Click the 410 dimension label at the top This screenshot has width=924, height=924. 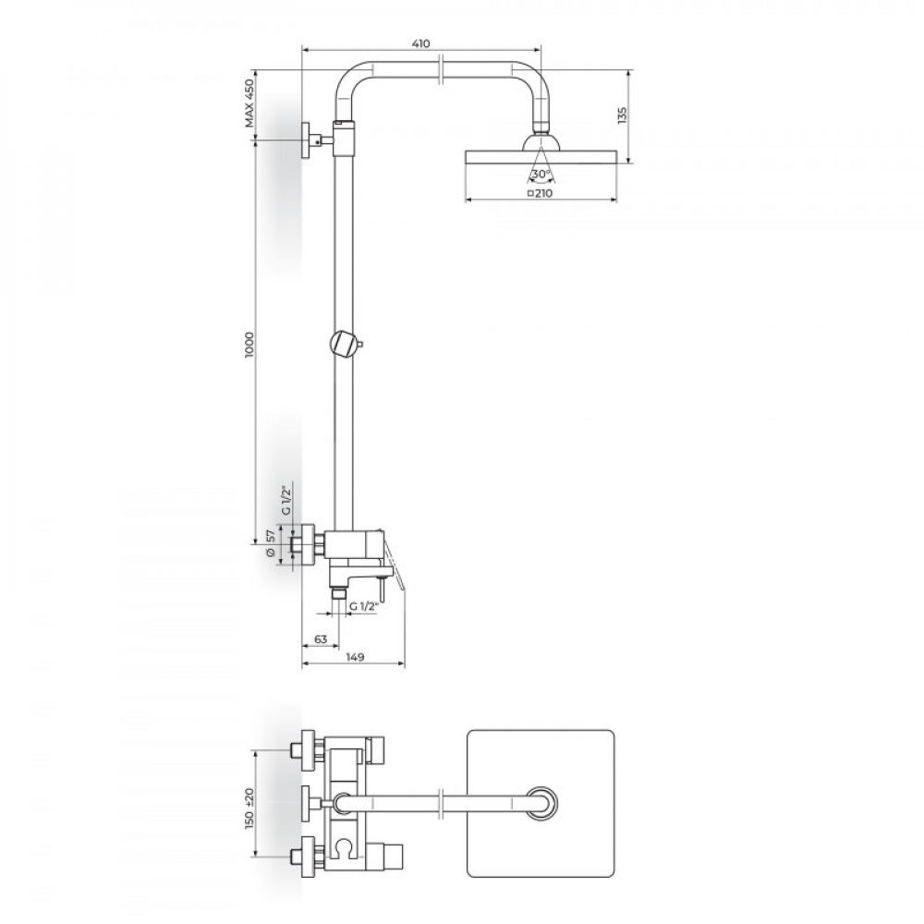(x=421, y=43)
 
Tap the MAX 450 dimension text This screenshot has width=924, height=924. (x=249, y=103)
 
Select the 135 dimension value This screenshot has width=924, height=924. (x=623, y=115)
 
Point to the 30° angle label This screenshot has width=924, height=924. (x=541, y=174)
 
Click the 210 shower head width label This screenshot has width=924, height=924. (x=544, y=193)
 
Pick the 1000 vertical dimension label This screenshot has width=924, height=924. (x=249, y=344)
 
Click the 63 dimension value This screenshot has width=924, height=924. (x=322, y=639)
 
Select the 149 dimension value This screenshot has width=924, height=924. (x=355, y=657)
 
